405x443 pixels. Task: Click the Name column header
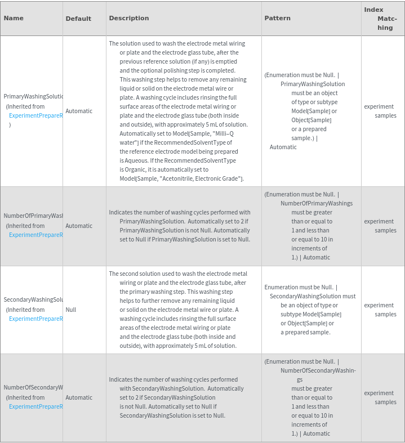click(x=14, y=18)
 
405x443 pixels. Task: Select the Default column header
click(x=78, y=19)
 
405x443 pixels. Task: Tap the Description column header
click(x=129, y=18)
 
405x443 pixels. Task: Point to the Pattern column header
click(x=277, y=18)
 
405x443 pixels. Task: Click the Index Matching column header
click(x=382, y=19)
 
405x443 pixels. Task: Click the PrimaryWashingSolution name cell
click(x=33, y=97)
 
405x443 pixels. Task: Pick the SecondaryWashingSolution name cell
click(x=33, y=300)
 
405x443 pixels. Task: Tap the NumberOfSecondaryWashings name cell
click(x=33, y=388)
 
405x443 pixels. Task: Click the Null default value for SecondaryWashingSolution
click(x=71, y=310)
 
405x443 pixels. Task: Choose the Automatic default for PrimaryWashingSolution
click(x=79, y=111)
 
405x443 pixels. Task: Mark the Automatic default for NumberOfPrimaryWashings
click(x=79, y=226)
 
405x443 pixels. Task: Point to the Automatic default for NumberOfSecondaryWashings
click(x=79, y=397)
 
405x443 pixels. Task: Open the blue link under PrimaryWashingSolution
click(x=35, y=115)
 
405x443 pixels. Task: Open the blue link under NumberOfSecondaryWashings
click(x=35, y=406)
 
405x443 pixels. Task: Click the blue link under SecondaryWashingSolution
click(x=35, y=319)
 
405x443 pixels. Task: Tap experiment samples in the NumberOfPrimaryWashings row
click(x=380, y=226)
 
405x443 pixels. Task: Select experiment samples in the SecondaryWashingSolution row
click(x=380, y=310)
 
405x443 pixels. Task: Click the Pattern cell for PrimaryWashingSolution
click(x=311, y=111)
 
